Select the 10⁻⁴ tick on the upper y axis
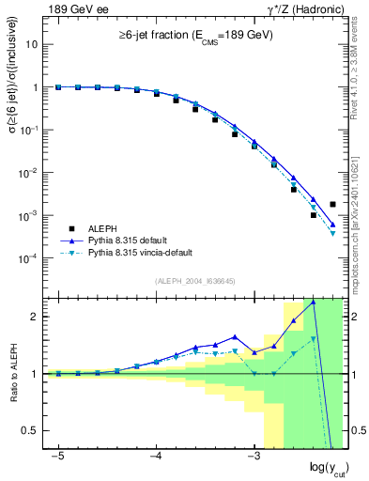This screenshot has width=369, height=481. pyautogui.click(x=31, y=258)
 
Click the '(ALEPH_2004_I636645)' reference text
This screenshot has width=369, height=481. pyautogui.click(x=193, y=282)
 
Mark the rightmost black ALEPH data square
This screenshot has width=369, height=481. pyautogui.click(x=332, y=204)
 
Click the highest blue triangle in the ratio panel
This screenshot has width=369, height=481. pyautogui.click(x=313, y=303)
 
